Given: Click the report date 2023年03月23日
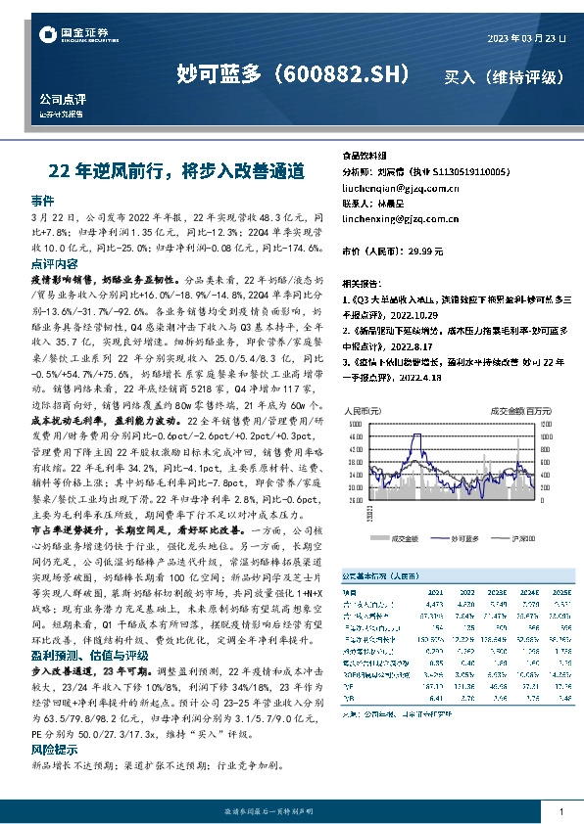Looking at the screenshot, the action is (x=526, y=38).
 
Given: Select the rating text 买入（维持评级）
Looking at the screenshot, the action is (x=504, y=75).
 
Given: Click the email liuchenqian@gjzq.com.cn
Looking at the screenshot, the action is (x=399, y=187).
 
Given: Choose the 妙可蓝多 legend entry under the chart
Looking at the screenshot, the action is (x=459, y=537).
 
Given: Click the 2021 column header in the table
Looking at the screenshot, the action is (x=435, y=593).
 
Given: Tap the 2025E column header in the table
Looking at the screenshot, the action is (x=562, y=593).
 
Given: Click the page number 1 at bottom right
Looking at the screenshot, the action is (x=560, y=812).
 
